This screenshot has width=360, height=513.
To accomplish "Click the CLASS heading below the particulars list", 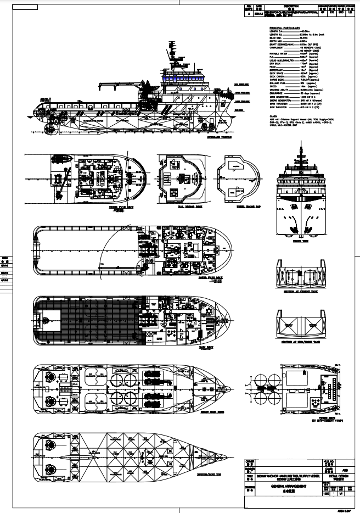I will pos(273,116).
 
